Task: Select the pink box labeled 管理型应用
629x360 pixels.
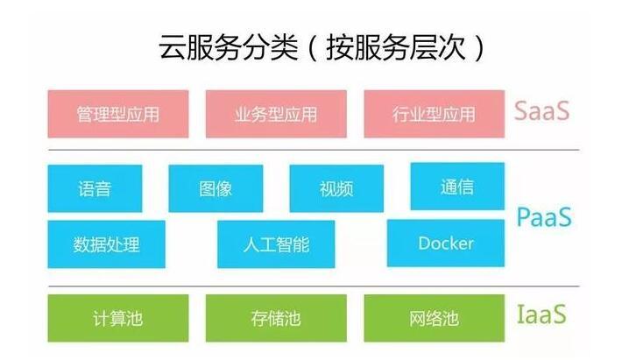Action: [118, 114]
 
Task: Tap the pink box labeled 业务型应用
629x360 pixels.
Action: [276, 114]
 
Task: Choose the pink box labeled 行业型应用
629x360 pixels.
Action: [434, 114]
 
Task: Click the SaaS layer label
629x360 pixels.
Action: [541, 112]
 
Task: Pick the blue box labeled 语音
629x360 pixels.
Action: [95, 187]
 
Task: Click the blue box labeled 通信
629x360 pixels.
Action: [457, 186]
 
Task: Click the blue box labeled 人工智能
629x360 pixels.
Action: [276, 244]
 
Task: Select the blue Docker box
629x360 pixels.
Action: [446, 244]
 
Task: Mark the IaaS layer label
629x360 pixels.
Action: [541, 314]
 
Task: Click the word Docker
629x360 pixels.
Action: [446, 244]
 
